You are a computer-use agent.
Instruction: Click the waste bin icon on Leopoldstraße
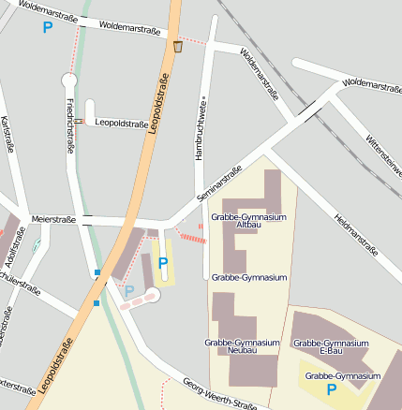click(x=178, y=46)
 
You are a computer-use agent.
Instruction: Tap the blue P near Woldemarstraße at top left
click(x=48, y=27)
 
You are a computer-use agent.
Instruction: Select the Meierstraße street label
click(x=52, y=218)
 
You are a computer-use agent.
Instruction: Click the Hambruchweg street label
click(x=200, y=131)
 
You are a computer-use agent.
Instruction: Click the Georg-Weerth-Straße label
click(x=219, y=395)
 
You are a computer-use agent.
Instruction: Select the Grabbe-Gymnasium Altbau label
click(x=249, y=221)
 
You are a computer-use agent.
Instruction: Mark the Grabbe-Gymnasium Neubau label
click(x=242, y=347)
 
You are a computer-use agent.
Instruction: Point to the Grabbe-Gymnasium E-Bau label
click(x=332, y=347)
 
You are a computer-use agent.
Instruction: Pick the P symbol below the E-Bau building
click(x=331, y=388)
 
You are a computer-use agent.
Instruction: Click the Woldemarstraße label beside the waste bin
click(x=128, y=28)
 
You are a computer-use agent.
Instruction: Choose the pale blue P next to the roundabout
click(x=129, y=291)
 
